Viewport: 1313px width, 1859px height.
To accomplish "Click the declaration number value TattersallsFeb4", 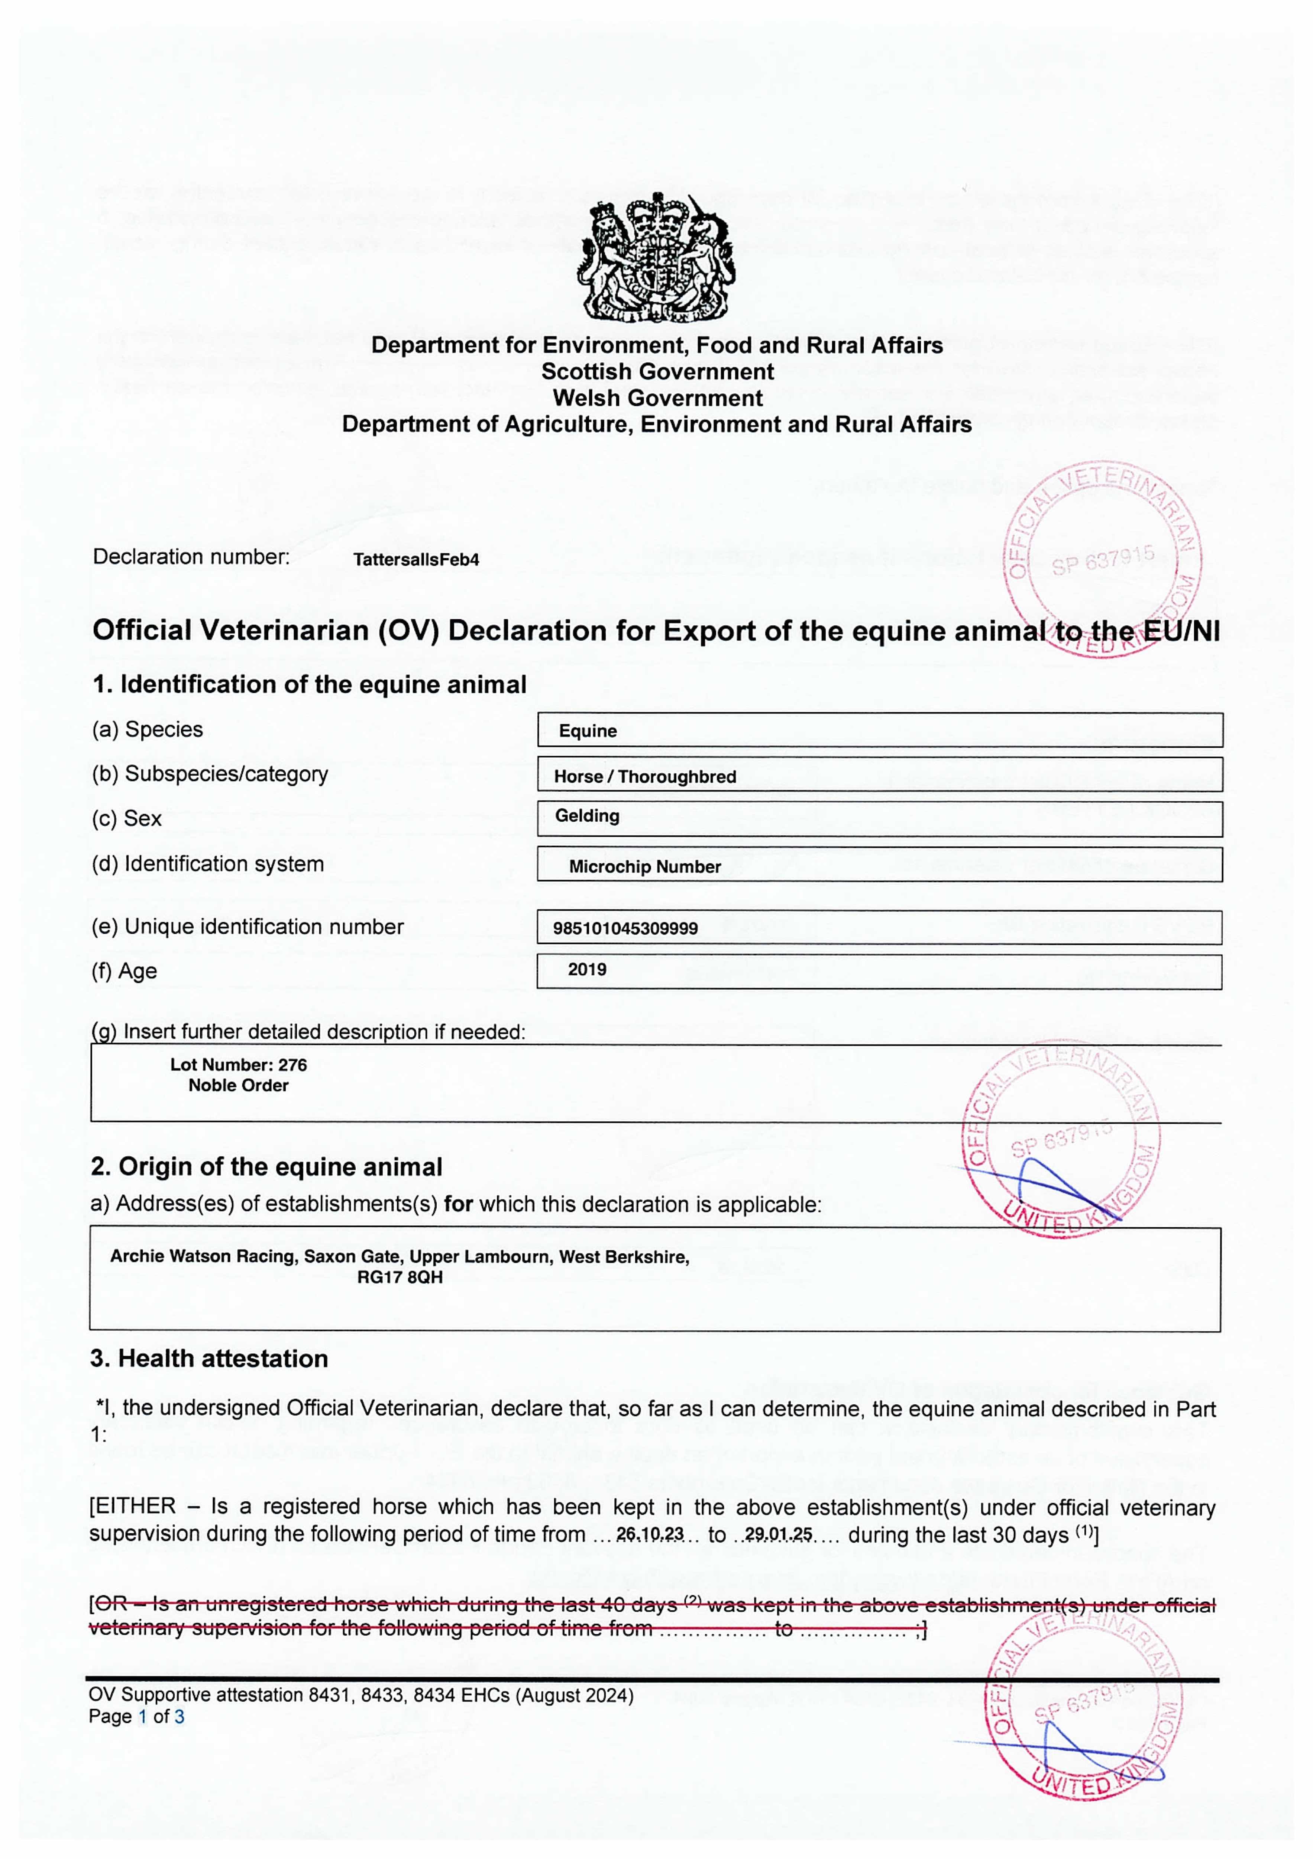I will click(x=416, y=560).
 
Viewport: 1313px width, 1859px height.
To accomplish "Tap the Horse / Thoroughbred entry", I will click(x=645, y=776).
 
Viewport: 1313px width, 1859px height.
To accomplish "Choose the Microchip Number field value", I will click(x=644, y=866).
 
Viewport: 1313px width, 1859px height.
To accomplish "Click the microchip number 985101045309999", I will click(x=625, y=928).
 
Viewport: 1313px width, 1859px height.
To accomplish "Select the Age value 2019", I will click(x=587, y=969).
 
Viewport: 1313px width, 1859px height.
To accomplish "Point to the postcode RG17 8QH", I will click(x=400, y=1278).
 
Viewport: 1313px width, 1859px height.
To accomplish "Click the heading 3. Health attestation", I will click(x=209, y=1359).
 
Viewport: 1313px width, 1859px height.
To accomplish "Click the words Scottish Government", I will click(x=657, y=372).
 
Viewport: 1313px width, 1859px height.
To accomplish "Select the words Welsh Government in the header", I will click(x=657, y=398).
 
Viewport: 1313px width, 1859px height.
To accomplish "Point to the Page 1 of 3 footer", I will click(x=136, y=1717).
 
